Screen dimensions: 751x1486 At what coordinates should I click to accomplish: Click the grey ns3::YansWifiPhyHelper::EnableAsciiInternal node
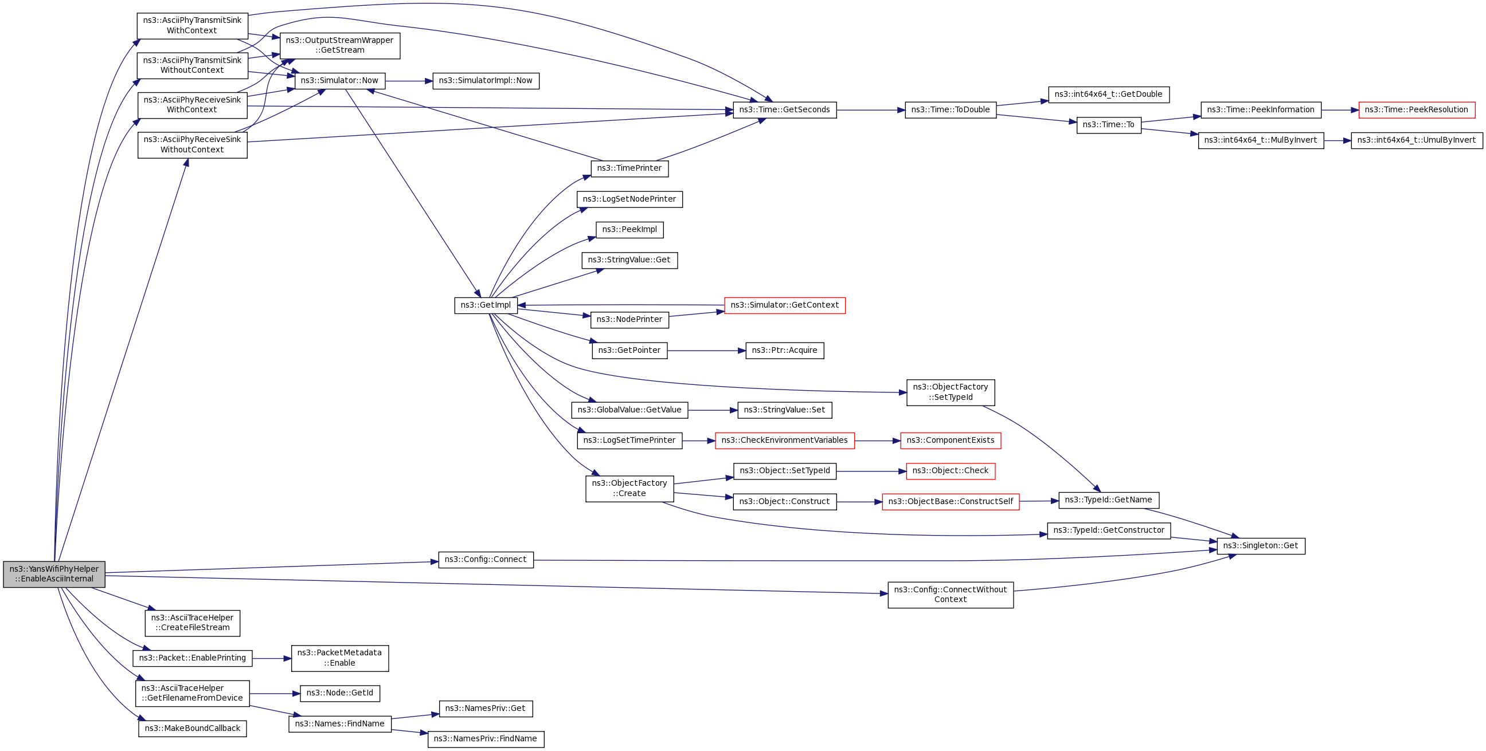(54, 574)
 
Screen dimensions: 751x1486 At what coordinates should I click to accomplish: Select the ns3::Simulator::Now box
(340, 81)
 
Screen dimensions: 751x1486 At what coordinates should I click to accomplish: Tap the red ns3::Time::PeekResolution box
(1416, 110)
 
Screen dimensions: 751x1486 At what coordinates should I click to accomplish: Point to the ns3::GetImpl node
(486, 305)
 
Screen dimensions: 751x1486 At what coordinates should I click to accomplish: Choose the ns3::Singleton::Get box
(1261, 546)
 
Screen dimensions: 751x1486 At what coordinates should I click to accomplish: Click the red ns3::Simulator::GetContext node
(784, 305)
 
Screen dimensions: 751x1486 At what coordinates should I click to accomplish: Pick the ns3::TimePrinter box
(629, 168)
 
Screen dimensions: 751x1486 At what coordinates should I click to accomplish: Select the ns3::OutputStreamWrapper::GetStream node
(340, 45)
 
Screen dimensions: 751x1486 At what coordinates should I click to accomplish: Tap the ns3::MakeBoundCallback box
(192, 729)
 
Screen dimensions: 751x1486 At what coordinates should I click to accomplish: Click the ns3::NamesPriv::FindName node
(485, 739)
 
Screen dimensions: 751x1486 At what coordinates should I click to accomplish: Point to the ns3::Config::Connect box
(486, 560)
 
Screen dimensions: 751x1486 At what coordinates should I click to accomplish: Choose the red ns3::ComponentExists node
(950, 441)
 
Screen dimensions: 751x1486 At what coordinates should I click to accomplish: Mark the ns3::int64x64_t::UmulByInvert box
(1416, 140)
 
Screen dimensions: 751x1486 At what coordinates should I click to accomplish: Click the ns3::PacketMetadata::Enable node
(340, 658)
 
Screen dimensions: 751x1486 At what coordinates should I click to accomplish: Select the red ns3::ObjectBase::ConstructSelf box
(950, 502)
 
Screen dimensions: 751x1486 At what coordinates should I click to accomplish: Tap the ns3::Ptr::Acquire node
(784, 351)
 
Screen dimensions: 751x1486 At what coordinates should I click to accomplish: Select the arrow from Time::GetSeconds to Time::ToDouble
(870, 110)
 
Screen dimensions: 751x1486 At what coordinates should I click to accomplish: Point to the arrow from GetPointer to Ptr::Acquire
(706, 351)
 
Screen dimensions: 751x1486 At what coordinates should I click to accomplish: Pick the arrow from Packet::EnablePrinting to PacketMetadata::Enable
(272, 658)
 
